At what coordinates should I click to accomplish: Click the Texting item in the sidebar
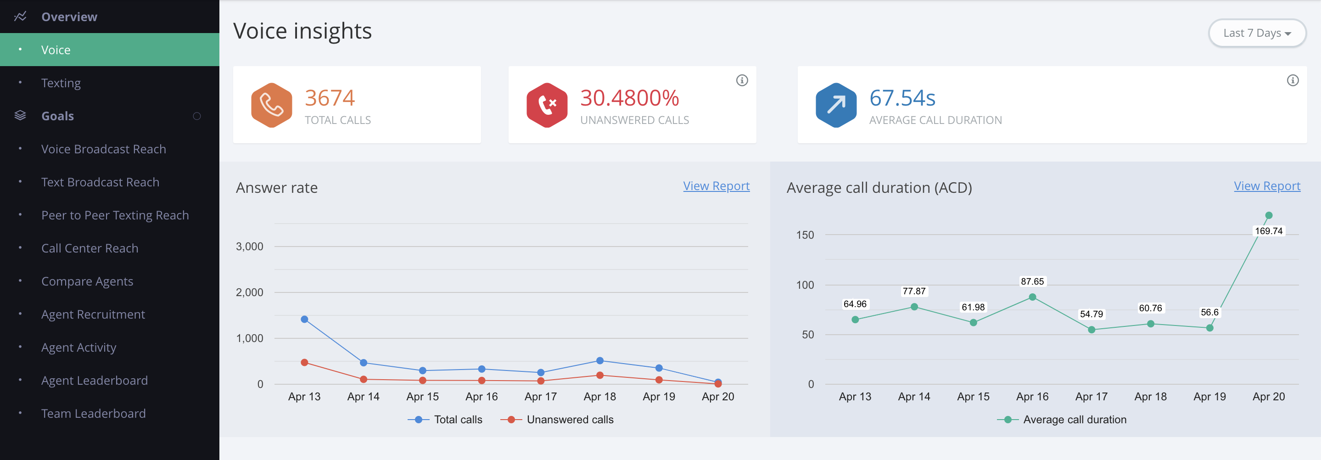[61, 83]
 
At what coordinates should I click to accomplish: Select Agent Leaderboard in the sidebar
[95, 381]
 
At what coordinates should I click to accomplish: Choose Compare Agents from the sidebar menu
[87, 281]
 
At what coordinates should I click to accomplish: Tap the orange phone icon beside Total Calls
[271, 105]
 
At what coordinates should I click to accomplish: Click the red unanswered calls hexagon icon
[547, 105]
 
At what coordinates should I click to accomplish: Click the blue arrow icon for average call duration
[836, 105]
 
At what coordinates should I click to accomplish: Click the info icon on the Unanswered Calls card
[742, 80]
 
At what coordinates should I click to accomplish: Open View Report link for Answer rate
[716, 186]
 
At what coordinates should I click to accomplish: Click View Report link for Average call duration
[1267, 186]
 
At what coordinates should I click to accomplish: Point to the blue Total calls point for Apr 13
[305, 320]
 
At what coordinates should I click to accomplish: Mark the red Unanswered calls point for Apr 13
[305, 363]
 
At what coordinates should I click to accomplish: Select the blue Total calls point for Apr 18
[600, 361]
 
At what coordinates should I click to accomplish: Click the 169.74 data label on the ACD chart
[1269, 231]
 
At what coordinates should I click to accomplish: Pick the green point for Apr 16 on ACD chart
[1032, 297]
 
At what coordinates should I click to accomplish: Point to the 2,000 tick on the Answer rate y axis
[250, 292]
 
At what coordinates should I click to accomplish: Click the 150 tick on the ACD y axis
[805, 235]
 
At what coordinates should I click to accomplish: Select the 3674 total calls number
[330, 98]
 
